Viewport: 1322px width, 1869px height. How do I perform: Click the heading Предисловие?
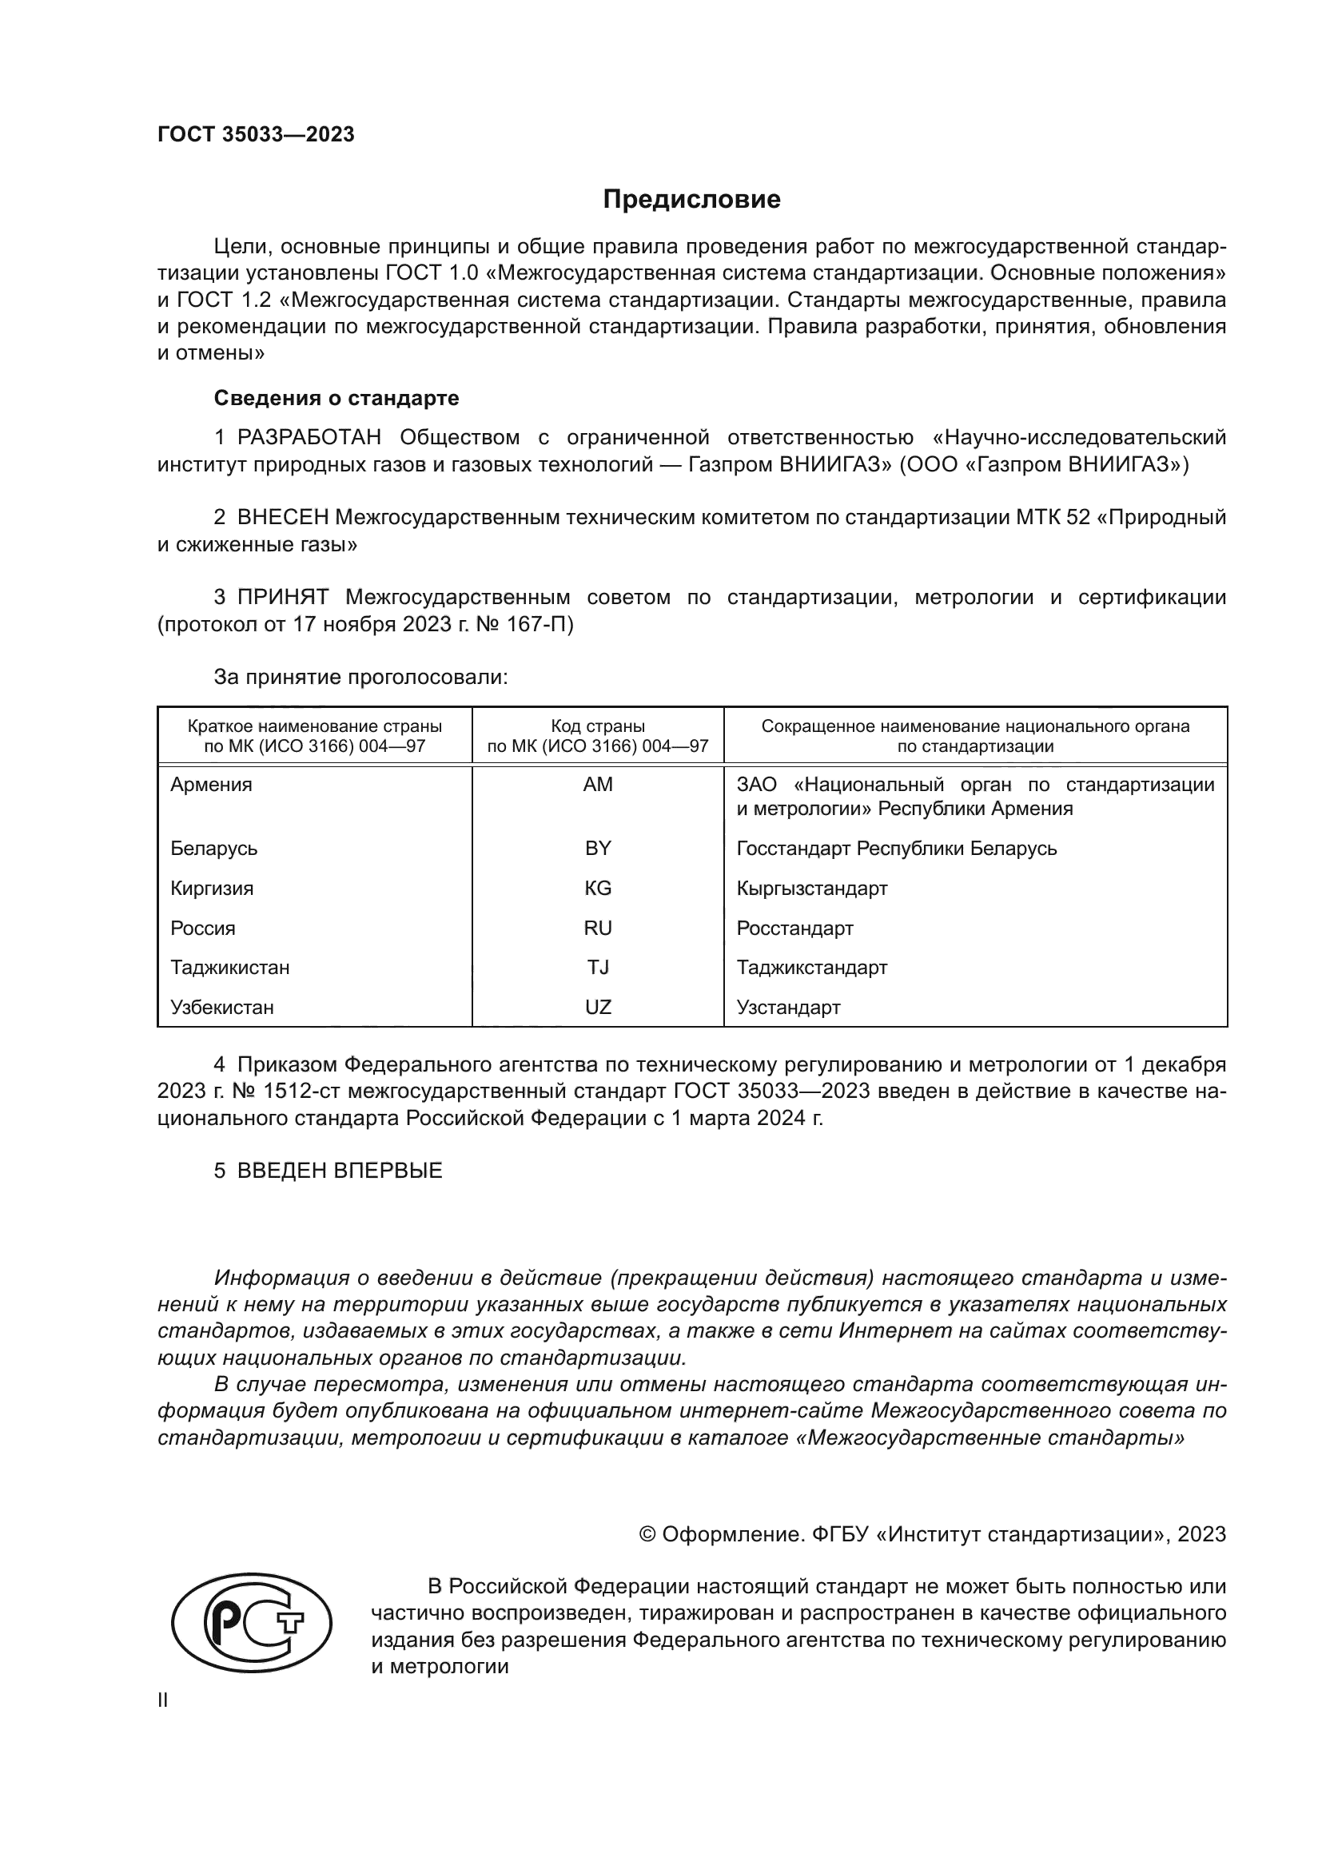click(691, 200)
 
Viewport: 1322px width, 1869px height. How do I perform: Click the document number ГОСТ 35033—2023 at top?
click(256, 135)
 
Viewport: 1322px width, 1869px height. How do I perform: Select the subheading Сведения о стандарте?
click(336, 398)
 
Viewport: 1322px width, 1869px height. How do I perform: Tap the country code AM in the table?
click(598, 785)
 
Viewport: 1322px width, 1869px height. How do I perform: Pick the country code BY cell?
click(598, 849)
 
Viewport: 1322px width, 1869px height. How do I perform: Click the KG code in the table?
click(598, 888)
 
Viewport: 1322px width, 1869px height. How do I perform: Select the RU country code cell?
click(598, 928)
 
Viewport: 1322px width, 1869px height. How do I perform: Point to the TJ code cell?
click(598, 967)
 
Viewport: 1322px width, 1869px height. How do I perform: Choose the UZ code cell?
click(598, 1007)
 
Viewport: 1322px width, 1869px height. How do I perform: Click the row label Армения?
click(212, 785)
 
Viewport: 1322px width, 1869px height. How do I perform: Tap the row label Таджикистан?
click(230, 967)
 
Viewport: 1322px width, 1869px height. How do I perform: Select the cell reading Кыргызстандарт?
click(811, 888)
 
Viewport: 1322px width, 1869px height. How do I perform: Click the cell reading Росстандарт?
click(794, 928)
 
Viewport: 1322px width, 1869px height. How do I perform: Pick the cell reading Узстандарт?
click(788, 1007)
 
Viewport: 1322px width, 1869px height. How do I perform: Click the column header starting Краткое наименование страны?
click(315, 736)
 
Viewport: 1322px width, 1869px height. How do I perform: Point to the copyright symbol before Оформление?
click(648, 1534)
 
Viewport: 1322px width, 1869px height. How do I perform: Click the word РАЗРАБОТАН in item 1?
click(309, 438)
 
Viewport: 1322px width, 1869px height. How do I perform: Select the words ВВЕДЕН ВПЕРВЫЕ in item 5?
click(340, 1171)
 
